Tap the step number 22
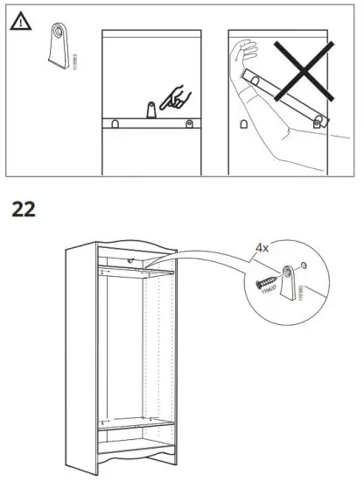tap(26, 211)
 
